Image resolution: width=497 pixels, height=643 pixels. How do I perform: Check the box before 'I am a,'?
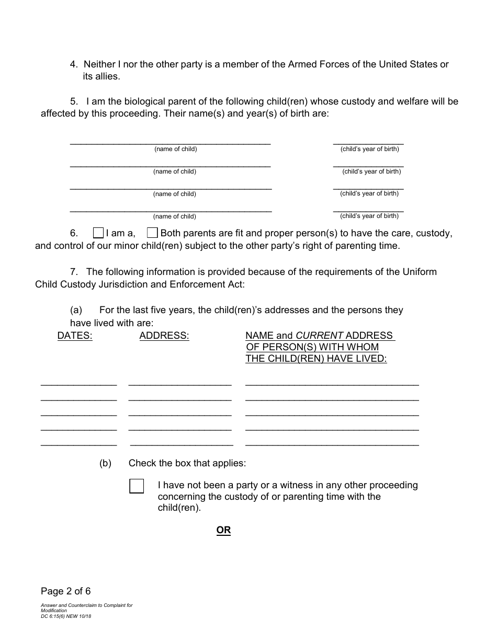(x=98, y=233)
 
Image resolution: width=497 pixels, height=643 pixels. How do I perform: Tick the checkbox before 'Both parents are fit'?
(x=152, y=233)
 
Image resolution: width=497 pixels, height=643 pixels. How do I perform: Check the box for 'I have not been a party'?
(x=137, y=486)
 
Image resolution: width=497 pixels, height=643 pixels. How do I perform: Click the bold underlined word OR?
(x=223, y=530)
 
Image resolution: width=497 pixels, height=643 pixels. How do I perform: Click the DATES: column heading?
(x=75, y=336)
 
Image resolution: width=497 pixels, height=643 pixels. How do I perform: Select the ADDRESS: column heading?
(x=164, y=336)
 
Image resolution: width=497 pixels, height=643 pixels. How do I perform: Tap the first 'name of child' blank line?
(x=170, y=141)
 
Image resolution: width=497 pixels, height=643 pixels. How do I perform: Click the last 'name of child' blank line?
(x=171, y=209)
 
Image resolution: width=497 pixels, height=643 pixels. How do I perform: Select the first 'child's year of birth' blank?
(x=368, y=141)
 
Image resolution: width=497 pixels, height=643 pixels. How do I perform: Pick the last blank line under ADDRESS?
(x=181, y=444)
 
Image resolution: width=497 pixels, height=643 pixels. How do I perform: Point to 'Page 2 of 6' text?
(x=66, y=591)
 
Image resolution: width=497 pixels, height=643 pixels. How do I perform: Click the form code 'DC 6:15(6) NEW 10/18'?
(x=66, y=616)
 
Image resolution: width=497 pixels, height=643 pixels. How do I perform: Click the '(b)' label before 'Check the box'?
(x=106, y=463)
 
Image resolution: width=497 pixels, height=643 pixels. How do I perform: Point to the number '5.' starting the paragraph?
(x=74, y=101)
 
